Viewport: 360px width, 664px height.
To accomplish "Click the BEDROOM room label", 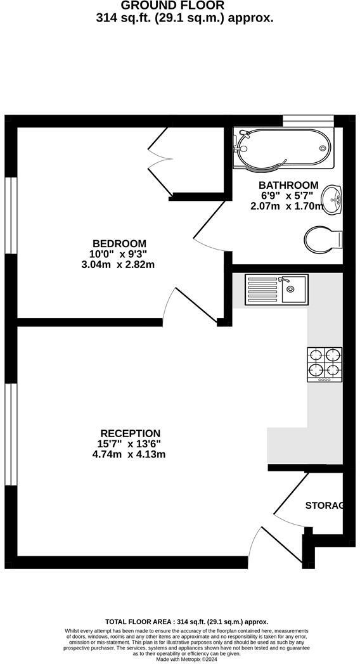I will (119, 243).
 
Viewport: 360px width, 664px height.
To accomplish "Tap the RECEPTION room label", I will (130, 433).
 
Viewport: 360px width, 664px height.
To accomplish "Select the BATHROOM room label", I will (288, 185).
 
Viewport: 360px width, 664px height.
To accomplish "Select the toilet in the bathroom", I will (323, 240).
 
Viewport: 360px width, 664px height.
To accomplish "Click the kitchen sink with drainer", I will (276, 289).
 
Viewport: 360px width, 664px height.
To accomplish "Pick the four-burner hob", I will (325, 364).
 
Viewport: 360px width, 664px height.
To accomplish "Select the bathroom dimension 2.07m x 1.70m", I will (288, 205).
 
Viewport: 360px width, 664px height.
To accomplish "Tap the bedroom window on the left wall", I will (10, 215).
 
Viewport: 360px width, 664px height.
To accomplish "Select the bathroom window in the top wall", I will (308, 120).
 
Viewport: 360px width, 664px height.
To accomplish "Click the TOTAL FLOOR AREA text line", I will (186, 622).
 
